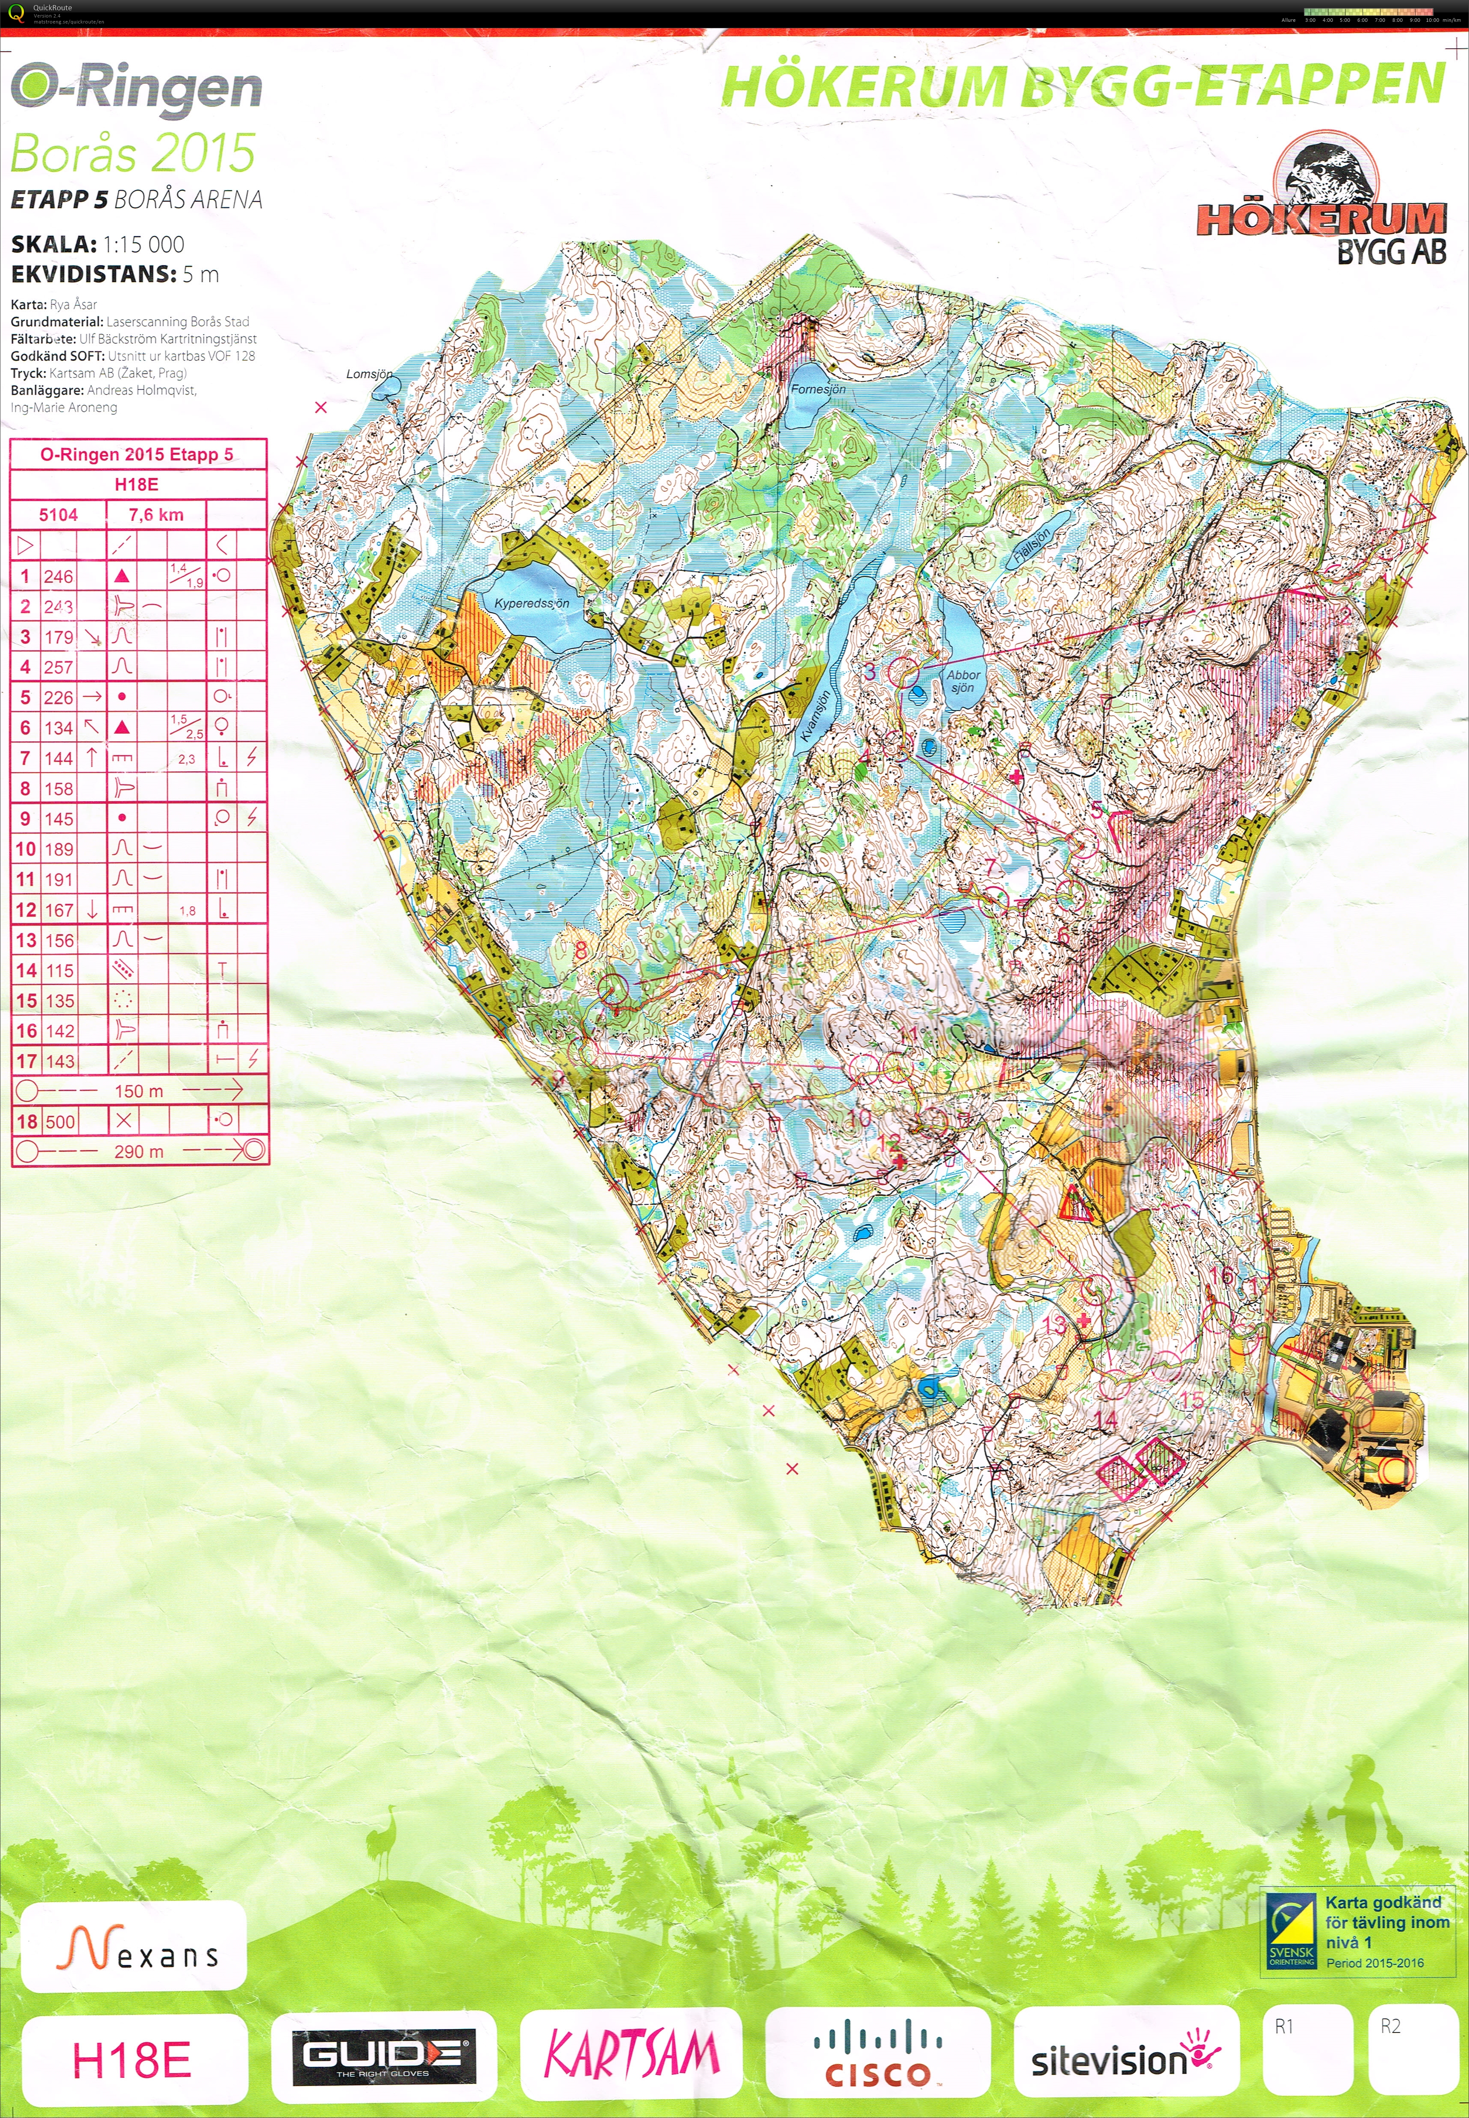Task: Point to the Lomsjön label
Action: click(x=369, y=374)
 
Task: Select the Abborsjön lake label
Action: click(x=963, y=681)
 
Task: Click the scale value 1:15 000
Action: click(x=144, y=245)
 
